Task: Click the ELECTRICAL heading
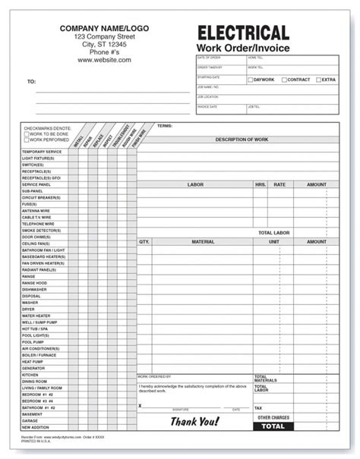click(x=243, y=33)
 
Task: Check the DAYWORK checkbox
click(x=250, y=80)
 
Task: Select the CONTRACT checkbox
click(x=284, y=80)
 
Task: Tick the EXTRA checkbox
click(x=317, y=80)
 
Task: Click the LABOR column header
click(x=195, y=184)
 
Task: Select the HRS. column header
click(x=261, y=184)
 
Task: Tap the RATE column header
click(x=279, y=184)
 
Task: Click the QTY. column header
click(x=144, y=242)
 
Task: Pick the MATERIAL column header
click(x=203, y=242)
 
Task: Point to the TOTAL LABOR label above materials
click(x=274, y=232)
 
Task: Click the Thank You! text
click(x=194, y=421)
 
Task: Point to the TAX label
click(x=258, y=407)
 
